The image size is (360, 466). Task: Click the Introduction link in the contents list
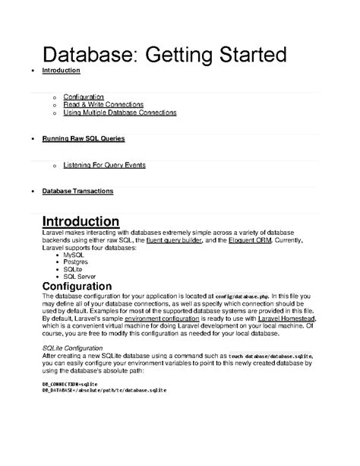coord(62,70)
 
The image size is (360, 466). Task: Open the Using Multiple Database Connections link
coord(120,113)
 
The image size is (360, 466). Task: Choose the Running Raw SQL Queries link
coord(84,140)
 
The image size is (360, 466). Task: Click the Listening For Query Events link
coord(104,164)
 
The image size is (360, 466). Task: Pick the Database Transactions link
coord(77,192)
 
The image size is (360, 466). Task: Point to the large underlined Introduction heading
coord(80,221)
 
